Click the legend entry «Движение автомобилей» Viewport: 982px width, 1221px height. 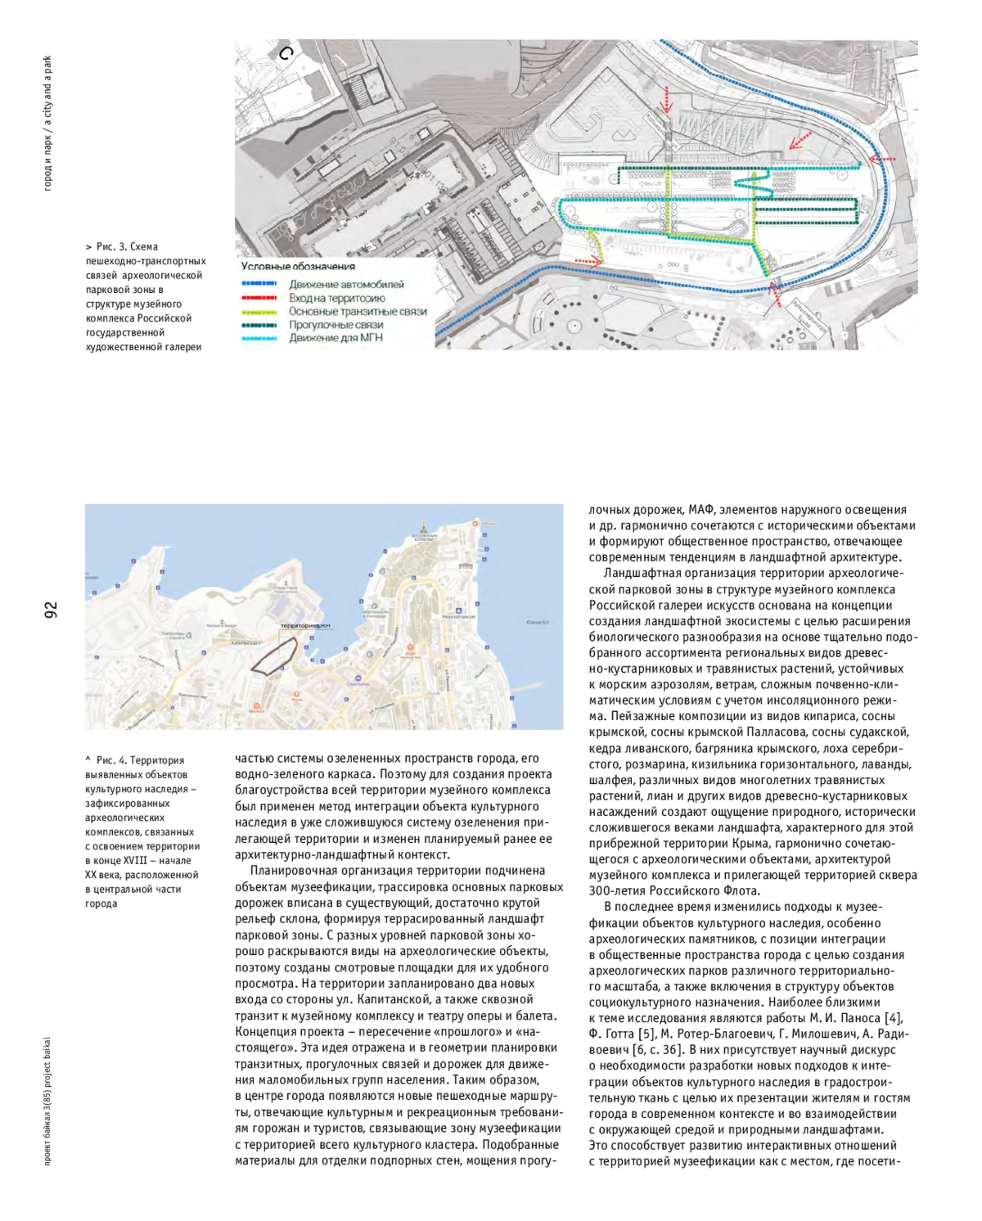tap(346, 285)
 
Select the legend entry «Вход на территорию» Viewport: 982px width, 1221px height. tap(336, 298)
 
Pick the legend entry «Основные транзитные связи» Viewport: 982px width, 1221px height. tap(358, 311)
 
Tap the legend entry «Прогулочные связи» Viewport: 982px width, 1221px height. tap(336, 324)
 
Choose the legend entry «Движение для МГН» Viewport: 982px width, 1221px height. tap(336, 337)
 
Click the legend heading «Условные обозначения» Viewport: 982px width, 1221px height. tap(298, 266)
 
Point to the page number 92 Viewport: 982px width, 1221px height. tap(52, 610)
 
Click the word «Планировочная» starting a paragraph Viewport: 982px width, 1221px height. tap(289, 871)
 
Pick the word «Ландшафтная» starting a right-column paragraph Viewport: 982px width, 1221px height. tap(639, 574)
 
